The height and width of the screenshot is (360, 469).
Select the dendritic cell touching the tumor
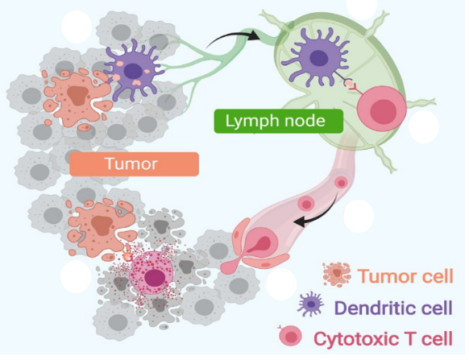coord(135,71)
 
